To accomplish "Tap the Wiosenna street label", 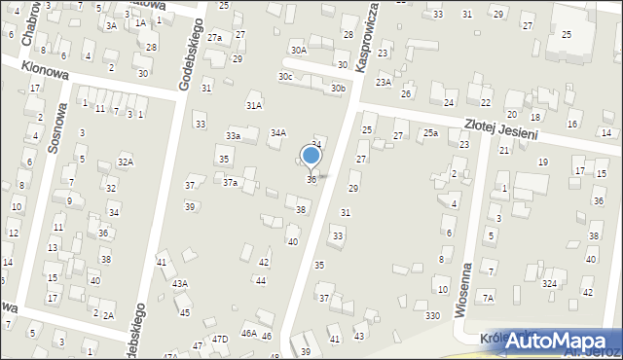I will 464,290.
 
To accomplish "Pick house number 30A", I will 298,50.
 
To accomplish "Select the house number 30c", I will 285,76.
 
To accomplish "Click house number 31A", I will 254,105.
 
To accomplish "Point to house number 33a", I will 234,135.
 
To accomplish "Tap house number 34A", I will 278,132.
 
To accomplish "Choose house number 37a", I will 231,182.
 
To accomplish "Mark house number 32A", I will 126,162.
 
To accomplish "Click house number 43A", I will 180,283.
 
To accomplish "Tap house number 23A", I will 384,83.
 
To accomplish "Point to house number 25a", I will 430,132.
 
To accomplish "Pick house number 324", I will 550,283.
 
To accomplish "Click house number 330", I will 432,315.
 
